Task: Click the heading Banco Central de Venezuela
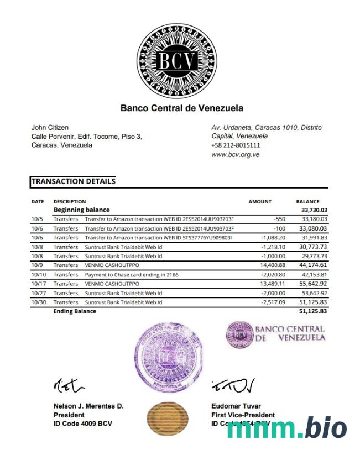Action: [x=181, y=108]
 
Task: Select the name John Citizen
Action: [x=50, y=128]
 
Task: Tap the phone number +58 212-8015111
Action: [x=236, y=145]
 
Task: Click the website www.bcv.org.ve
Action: [x=236, y=155]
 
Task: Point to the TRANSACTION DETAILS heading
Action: [x=73, y=181]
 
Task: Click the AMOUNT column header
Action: [x=260, y=202]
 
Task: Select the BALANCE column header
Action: [x=307, y=202]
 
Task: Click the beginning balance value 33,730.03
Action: [x=314, y=210]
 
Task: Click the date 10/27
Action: [x=38, y=293]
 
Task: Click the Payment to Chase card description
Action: [x=132, y=275]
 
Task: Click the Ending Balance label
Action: [x=75, y=311]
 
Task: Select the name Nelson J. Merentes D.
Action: [x=88, y=406]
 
